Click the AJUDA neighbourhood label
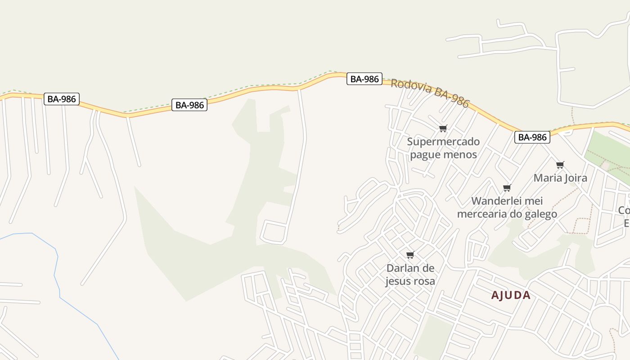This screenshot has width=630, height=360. pos(511,296)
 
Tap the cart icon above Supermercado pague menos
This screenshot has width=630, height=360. pos(443,129)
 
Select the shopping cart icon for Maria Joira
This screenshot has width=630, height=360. pos(560,165)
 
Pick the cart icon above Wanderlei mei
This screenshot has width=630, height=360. pos(507,188)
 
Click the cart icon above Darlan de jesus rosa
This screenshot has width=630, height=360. pos(410,255)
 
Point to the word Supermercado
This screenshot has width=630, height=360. pos(443,142)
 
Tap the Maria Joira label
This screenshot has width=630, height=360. pos(560,178)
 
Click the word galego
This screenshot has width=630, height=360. pos(539,214)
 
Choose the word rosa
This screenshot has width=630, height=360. pos(425,281)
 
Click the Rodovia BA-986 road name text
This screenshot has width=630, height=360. pos(430,93)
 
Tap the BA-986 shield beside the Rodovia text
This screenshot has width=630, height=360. pos(364,79)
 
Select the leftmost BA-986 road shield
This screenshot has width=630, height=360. pos(62,99)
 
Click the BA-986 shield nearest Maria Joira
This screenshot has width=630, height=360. pos(532,137)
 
